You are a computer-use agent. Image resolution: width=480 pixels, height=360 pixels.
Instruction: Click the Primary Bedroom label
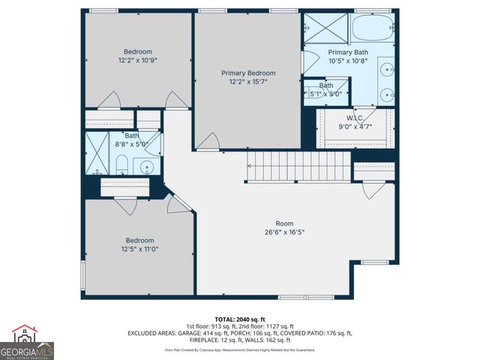248,73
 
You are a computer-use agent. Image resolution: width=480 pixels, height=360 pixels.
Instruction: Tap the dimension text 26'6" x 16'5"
284,232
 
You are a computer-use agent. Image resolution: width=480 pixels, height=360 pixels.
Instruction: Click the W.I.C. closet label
355,118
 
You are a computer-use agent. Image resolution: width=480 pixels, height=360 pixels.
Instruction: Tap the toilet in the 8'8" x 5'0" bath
121,165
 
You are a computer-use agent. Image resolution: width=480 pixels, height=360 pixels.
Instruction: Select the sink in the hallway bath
148,166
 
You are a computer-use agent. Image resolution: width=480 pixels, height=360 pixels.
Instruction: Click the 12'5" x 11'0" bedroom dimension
139,249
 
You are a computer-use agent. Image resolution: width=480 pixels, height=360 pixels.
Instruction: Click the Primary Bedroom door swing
209,141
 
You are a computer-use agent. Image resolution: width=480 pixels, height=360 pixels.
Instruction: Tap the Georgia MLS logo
27,343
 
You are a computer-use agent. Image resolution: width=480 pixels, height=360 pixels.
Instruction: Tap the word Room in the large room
284,223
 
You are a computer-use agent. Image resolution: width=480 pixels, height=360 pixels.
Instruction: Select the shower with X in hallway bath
96,153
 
